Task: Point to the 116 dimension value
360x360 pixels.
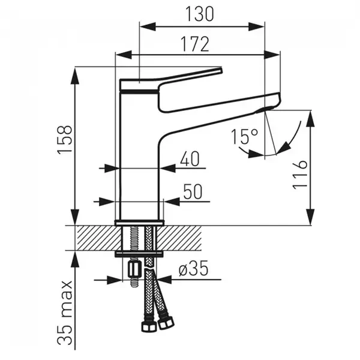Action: (300, 174)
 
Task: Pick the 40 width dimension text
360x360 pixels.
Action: (189, 159)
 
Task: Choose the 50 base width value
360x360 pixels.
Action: (192, 193)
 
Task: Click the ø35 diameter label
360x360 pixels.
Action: (193, 270)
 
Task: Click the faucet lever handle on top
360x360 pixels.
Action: (174, 79)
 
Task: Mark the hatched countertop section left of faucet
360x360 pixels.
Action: (96, 238)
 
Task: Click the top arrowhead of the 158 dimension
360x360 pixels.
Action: (76, 71)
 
